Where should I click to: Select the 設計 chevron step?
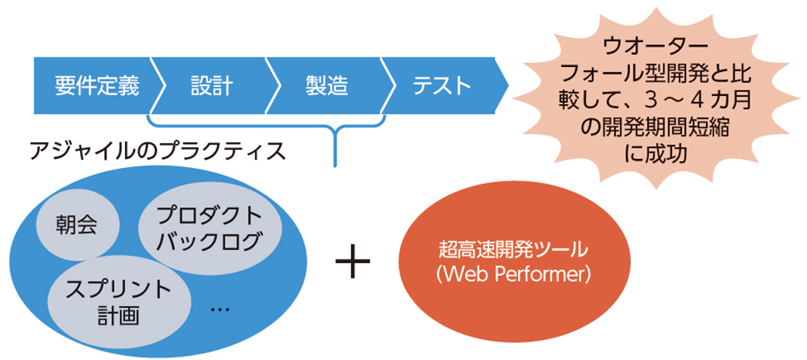click(212, 85)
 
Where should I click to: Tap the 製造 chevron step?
click(327, 85)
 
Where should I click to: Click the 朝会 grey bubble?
click(77, 225)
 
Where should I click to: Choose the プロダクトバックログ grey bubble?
click(209, 228)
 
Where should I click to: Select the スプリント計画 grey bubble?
click(119, 301)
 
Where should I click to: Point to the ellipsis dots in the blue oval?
click(220, 309)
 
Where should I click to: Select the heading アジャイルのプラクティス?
click(157, 151)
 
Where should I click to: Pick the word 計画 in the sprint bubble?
click(120, 315)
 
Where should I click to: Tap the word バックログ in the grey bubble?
click(209, 241)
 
